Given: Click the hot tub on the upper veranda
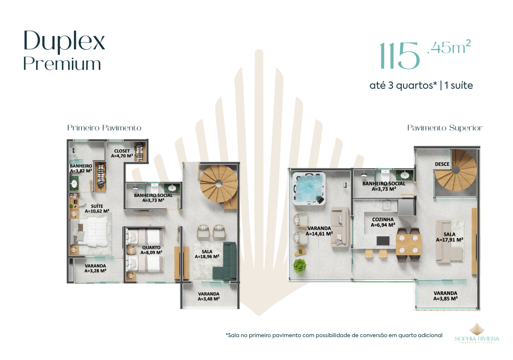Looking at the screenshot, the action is [309, 189].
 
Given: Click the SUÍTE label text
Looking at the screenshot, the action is [97, 206].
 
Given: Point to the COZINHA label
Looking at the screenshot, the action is [383, 220].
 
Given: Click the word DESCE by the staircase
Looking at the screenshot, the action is [442, 164].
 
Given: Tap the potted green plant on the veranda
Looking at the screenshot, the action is [300, 266].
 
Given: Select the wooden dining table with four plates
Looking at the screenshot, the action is [409, 244].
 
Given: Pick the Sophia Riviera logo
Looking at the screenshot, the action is [477, 333].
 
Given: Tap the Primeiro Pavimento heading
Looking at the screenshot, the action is [104, 128].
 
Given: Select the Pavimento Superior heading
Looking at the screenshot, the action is [445, 128].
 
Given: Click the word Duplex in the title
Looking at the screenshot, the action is [64, 41].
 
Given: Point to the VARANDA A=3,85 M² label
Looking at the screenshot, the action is [446, 296].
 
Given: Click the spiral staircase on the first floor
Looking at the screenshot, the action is [219, 183].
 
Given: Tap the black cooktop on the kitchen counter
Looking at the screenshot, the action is [383, 241].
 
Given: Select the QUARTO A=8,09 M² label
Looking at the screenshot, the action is [151, 250].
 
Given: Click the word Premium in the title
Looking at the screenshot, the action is [62, 64].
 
